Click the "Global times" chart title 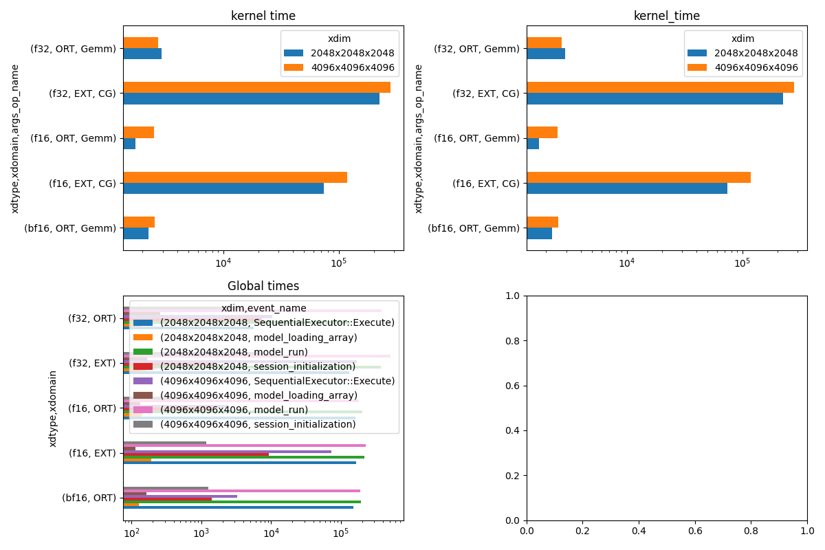263,286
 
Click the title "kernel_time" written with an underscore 666,16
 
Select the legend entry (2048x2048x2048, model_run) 234,352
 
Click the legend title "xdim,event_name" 263,309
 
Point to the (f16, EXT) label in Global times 92,453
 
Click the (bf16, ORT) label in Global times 89,498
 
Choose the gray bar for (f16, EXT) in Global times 164,442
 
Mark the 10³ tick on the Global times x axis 201,533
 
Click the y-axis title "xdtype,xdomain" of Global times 53,408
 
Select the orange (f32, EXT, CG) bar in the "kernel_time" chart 660,87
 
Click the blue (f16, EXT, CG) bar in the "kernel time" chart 223,188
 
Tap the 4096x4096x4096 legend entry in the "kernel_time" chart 756,67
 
